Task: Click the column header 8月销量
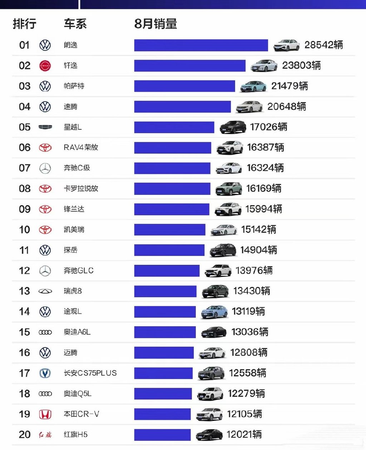click(x=155, y=24)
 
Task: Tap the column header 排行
click(x=25, y=24)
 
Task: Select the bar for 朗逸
click(x=201, y=45)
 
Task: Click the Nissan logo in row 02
click(x=45, y=66)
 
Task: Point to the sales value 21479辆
click(x=290, y=86)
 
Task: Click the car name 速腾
click(x=70, y=107)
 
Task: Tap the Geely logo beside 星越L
click(x=45, y=127)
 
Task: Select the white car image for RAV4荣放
click(x=229, y=148)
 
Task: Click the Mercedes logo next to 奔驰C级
click(x=45, y=168)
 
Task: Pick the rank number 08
click(x=25, y=189)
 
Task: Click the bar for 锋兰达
click(x=172, y=209)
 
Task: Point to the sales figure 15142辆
click(x=258, y=230)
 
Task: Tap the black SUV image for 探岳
click(x=223, y=250)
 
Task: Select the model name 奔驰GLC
click(x=79, y=271)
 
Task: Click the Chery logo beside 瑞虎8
click(x=45, y=291)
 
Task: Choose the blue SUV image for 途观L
click(x=214, y=312)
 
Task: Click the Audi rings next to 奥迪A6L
click(x=45, y=332)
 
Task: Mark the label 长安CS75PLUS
click(x=90, y=373)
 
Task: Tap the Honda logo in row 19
click(x=45, y=414)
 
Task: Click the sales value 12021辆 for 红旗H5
click(x=244, y=435)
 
